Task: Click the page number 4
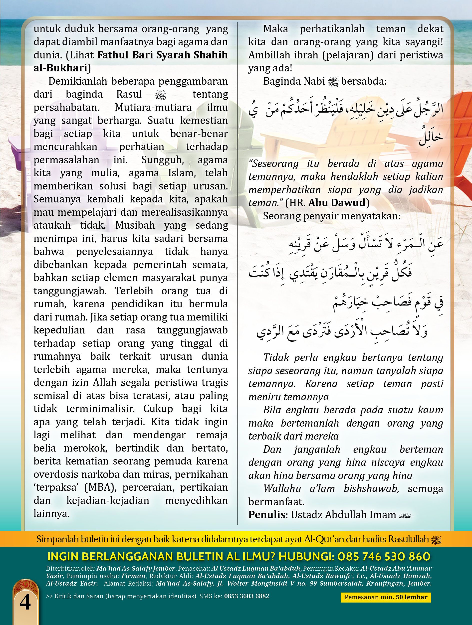[x=25, y=602]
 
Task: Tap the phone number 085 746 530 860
[x=384, y=557]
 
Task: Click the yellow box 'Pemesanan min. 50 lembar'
[x=386, y=597]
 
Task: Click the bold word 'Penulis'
[x=266, y=514]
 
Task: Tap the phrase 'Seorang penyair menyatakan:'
[x=332, y=216]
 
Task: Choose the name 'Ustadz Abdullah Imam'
[x=343, y=514]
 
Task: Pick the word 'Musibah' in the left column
[x=135, y=225]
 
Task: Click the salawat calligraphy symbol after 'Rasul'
[x=161, y=95]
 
